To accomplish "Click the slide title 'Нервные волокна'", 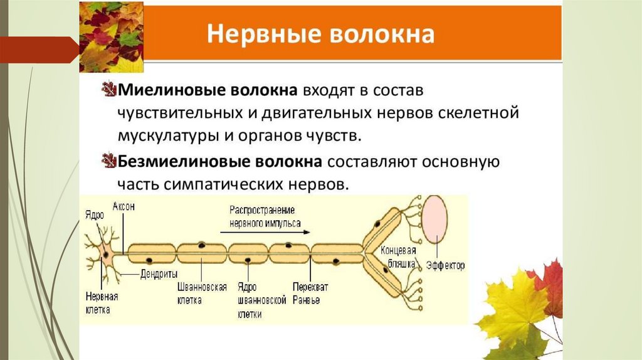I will coord(321,34).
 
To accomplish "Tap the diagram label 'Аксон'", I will coord(124,206).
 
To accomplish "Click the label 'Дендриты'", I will coord(159,273).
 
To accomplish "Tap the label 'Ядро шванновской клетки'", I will coord(249,300).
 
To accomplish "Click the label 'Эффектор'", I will coord(445,266).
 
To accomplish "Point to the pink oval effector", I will coord(434,220).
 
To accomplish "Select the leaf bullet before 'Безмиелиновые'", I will coord(109,162).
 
